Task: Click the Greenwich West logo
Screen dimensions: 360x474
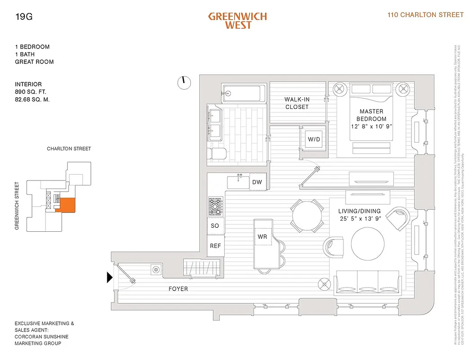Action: [x=237, y=20]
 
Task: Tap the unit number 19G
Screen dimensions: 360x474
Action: [x=23, y=18]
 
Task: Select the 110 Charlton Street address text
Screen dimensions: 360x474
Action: [x=425, y=15]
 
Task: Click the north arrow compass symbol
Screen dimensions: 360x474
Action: [x=183, y=82]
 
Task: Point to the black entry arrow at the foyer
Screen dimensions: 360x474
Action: [x=109, y=278]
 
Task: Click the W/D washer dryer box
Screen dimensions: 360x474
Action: [x=314, y=139]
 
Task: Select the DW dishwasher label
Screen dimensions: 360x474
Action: [x=257, y=182]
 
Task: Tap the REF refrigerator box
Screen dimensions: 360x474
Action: [x=215, y=246]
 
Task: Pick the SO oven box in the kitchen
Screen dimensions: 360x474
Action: [x=215, y=225]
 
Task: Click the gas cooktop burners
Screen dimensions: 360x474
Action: [x=215, y=207]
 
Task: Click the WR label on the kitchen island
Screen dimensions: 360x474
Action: [x=262, y=236]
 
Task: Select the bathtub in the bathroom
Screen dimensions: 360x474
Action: [x=241, y=93]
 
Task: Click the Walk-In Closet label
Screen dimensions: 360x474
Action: [x=297, y=103]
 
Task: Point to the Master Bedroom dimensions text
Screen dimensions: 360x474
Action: [x=371, y=126]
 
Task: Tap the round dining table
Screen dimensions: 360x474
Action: [x=307, y=215]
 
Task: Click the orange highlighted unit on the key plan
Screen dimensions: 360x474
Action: [x=67, y=204]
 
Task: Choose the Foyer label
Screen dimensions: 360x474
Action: [x=178, y=288]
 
